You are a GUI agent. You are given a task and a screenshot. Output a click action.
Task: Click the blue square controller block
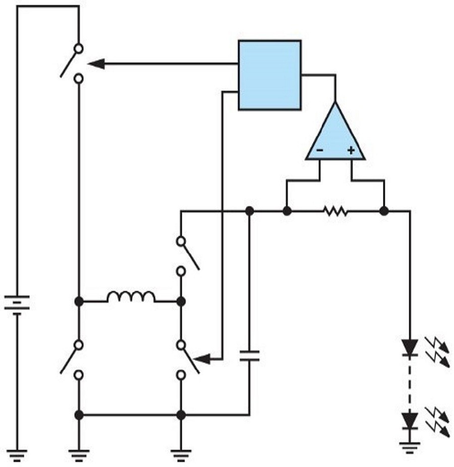pyautogui.click(x=269, y=75)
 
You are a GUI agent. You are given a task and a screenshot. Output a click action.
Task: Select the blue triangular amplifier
pyautogui.click(x=335, y=136)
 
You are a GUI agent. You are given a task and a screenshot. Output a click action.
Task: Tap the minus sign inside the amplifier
pyautogui.click(x=319, y=150)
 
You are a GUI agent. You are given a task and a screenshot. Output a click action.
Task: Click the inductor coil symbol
pyautogui.click(x=131, y=297)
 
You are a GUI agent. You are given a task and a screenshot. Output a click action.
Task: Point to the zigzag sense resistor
pyautogui.click(x=336, y=211)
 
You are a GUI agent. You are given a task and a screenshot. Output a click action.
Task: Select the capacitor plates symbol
pyautogui.click(x=249, y=356)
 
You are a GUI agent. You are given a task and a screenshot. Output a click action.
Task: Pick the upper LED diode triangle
pyautogui.click(x=410, y=347)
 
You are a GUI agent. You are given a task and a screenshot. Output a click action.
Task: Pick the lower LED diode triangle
pyautogui.click(x=410, y=420)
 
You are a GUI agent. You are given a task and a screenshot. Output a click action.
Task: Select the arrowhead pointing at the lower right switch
pyautogui.click(x=201, y=359)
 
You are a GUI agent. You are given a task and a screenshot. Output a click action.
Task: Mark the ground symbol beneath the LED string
pyautogui.click(x=410, y=446)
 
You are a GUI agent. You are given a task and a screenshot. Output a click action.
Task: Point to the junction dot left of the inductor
pyautogui.click(x=79, y=301)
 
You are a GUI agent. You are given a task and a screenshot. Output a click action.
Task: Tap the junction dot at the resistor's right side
pyautogui.click(x=384, y=211)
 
